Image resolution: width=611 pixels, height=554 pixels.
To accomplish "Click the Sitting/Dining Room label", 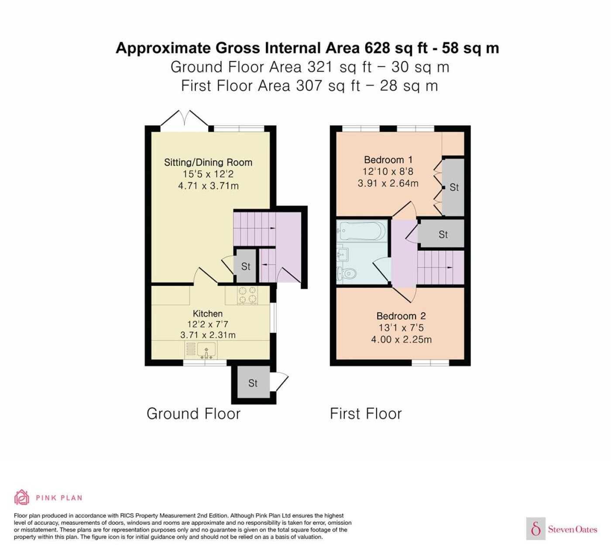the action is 208,162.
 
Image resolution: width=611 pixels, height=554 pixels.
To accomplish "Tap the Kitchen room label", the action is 208,313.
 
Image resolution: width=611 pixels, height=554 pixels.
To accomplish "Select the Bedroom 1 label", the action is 388,160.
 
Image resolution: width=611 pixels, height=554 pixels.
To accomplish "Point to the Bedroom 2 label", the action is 401,316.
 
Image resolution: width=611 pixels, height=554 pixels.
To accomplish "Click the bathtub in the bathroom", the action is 361,231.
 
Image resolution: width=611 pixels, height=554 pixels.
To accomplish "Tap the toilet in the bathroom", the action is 347,274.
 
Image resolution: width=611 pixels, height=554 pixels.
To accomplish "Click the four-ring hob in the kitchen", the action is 247,295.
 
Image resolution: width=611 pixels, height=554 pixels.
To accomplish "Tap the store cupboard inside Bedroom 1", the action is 453,187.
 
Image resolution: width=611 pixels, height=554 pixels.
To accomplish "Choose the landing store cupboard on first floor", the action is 441,234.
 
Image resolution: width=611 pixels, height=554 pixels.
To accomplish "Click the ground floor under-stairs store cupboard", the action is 246,266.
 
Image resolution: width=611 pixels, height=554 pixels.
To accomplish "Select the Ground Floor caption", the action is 193,414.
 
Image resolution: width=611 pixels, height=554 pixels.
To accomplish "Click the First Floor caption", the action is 366,414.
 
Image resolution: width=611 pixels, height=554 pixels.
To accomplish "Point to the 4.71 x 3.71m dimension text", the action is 208,185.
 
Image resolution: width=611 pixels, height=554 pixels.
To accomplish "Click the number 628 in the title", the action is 378,48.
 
